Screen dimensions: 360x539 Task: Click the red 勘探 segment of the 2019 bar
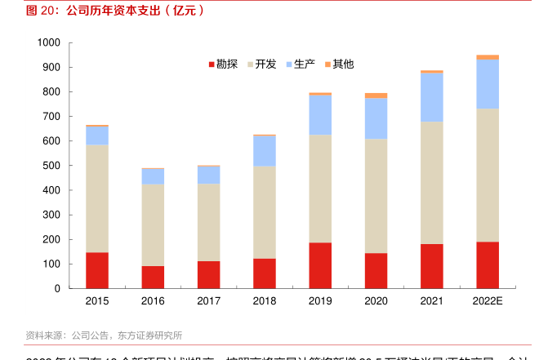click(x=320, y=265)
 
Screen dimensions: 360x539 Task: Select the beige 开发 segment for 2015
click(x=97, y=198)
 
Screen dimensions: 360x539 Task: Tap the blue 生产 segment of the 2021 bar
click(x=432, y=97)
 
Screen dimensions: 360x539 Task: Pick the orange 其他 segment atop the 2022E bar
click(x=488, y=57)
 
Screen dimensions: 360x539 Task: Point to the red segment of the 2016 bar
click(x=153, y=277)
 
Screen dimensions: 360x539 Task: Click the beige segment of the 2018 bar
click(x=265, y=212)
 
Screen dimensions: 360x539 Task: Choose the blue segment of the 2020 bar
click(x=376, y=118)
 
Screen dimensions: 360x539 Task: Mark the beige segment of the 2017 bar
click(x=208, y=222)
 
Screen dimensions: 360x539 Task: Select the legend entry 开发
click(x=261, y=64)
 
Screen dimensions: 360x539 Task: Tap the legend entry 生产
click(x=300, y=64)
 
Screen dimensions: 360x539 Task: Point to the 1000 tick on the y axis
click(x=48, y=42)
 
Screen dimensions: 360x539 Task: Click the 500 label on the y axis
click(x=51, y=166)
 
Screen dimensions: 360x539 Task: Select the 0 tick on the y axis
click(x=57, y=288)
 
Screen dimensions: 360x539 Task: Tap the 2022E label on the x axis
click(x=488, y=301)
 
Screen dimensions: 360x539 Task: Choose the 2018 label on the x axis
click(x=265, y=301)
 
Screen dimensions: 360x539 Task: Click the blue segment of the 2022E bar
click(x=488, y=84)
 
